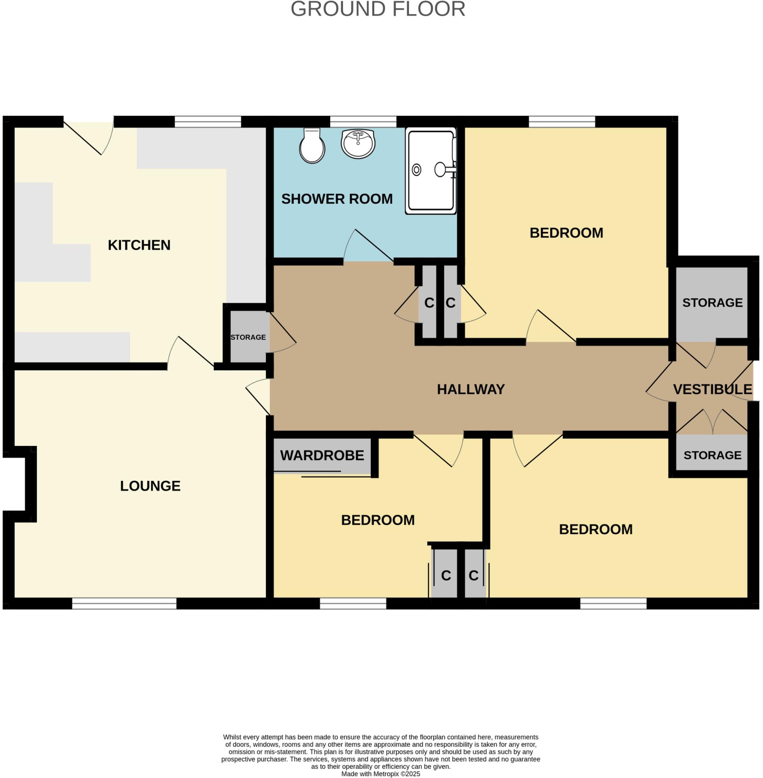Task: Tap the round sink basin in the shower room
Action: click(x=358, y=144)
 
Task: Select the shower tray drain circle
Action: click(x=416, y=170)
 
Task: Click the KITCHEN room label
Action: click(x=139, y=245)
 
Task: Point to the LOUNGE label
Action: click(x=150, y=486)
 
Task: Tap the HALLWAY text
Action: click(x=470, y=389)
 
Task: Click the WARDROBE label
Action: click(x=322, y=455)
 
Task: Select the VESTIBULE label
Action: click(x=712, y=389)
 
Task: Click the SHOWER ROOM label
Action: click(x=337, y=199)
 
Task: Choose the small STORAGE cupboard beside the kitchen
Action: click(x=248, y=337)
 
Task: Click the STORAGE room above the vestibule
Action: click(x=712, y=303)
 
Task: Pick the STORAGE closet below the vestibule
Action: click(x=712, y=455)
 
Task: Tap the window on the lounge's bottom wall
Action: click(x=124, y=603)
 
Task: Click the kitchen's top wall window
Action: click(x=207, y=122)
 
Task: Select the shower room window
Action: click(x=363, y=122)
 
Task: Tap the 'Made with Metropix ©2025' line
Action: click(x=380, y=774)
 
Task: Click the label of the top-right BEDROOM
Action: click(x=566, y=233)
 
